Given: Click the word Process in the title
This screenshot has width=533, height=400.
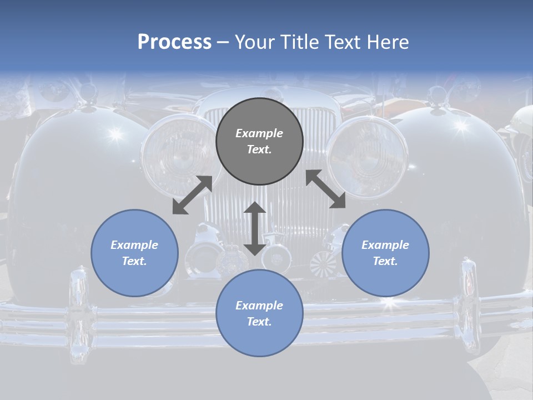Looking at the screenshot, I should click(174, 42).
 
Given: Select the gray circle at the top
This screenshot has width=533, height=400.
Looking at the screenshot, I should click(259, 141).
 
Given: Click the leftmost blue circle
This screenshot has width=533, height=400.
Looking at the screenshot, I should click(134, 253).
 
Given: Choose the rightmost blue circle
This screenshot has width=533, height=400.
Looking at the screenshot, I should click(385, 253).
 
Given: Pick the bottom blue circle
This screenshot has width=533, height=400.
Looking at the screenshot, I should click(259, 313).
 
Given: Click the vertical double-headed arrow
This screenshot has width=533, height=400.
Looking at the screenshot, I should click(255, 228).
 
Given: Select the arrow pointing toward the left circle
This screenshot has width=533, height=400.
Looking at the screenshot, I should click(192, 195).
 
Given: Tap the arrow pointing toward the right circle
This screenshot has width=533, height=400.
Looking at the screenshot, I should click(325, 189).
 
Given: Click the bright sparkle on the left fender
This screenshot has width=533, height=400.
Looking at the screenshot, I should click(115, 134).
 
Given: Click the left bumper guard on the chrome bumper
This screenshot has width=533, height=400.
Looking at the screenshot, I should click(77, 312).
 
